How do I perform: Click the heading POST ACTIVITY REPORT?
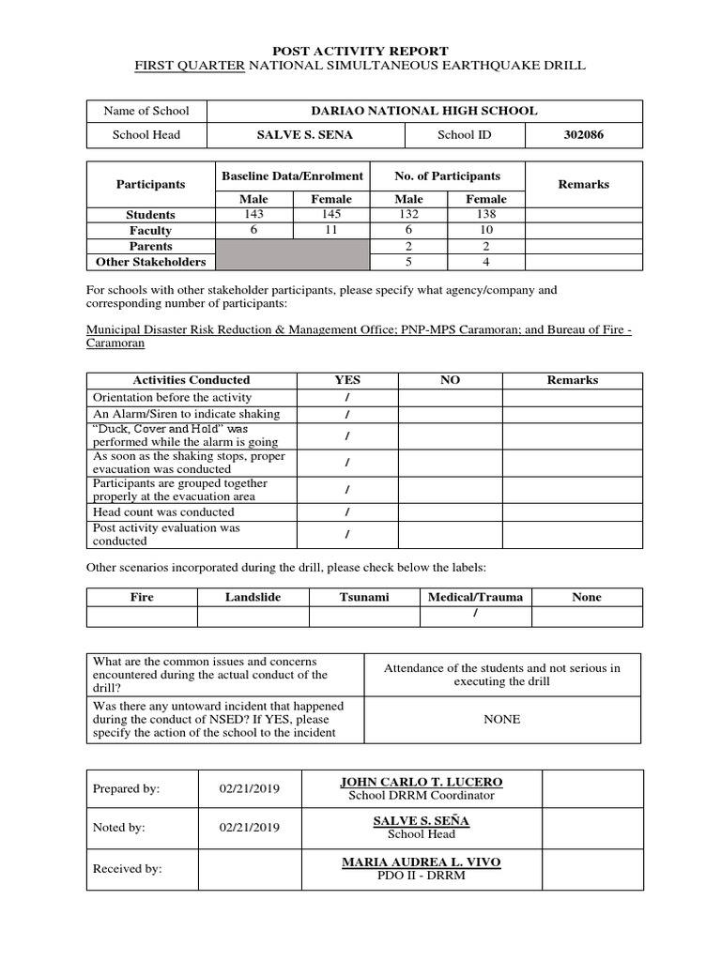coord(360,51)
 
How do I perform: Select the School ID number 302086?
coord(584,135)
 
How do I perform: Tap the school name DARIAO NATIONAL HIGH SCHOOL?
coord(424,111)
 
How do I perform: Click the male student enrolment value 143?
coord(253,214)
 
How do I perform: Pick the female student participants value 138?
coord(485,214)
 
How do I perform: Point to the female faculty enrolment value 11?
coord(331,230)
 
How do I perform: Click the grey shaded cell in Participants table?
coord(293,253)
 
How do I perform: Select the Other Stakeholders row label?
coord(150,262)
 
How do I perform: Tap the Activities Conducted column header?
coord(192,380)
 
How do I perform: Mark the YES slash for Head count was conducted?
coord(347,512)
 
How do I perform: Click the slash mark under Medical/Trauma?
coord(476,614)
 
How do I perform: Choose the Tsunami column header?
coord(364,597)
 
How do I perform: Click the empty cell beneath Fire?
coord(142,616)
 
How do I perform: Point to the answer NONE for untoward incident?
coord(501,720)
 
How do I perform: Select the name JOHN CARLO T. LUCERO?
coord(421,782)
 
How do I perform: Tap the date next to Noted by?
coord(249,828)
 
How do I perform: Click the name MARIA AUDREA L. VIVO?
coord(421,862)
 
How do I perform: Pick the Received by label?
coord(128,869)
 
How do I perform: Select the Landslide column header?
coord(253,597)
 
